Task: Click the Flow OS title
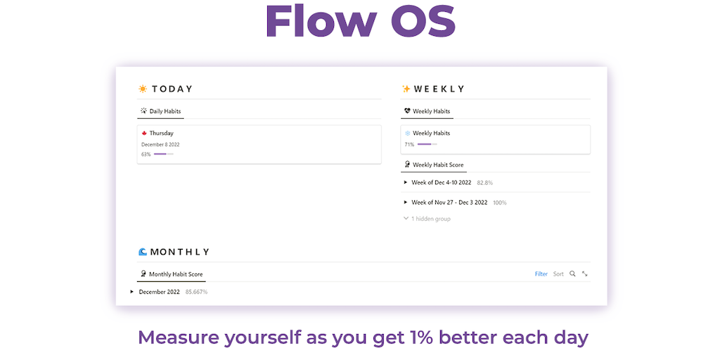[361, 22]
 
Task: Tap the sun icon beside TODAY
[143, 89]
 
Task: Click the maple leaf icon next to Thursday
[143, 133]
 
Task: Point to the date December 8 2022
[160, 144]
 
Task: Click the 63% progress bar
[163, 154]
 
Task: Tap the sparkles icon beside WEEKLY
[406, 89]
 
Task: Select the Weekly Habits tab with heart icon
[427, 111]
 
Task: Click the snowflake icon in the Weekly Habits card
[407, 133]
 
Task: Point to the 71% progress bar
[427, 144]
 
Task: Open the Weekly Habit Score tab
[433, 165]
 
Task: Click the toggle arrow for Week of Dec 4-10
[406, 182]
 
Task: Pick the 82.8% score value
[485, 183]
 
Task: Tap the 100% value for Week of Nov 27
[500, 202]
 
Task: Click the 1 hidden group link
[427, 219]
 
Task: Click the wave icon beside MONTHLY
[143, 252]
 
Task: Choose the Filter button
[541, 274]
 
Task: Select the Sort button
[558, 274]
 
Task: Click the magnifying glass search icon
[572, 274]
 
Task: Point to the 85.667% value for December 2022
[197, 292]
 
